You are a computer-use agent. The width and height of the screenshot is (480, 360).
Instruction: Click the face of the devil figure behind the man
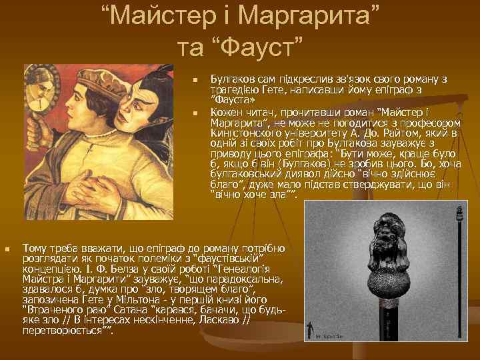click(143, 101)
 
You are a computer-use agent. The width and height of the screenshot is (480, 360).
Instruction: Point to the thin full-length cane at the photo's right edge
click(459, 280)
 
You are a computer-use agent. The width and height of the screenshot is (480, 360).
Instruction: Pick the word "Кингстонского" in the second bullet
click(246, 133)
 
